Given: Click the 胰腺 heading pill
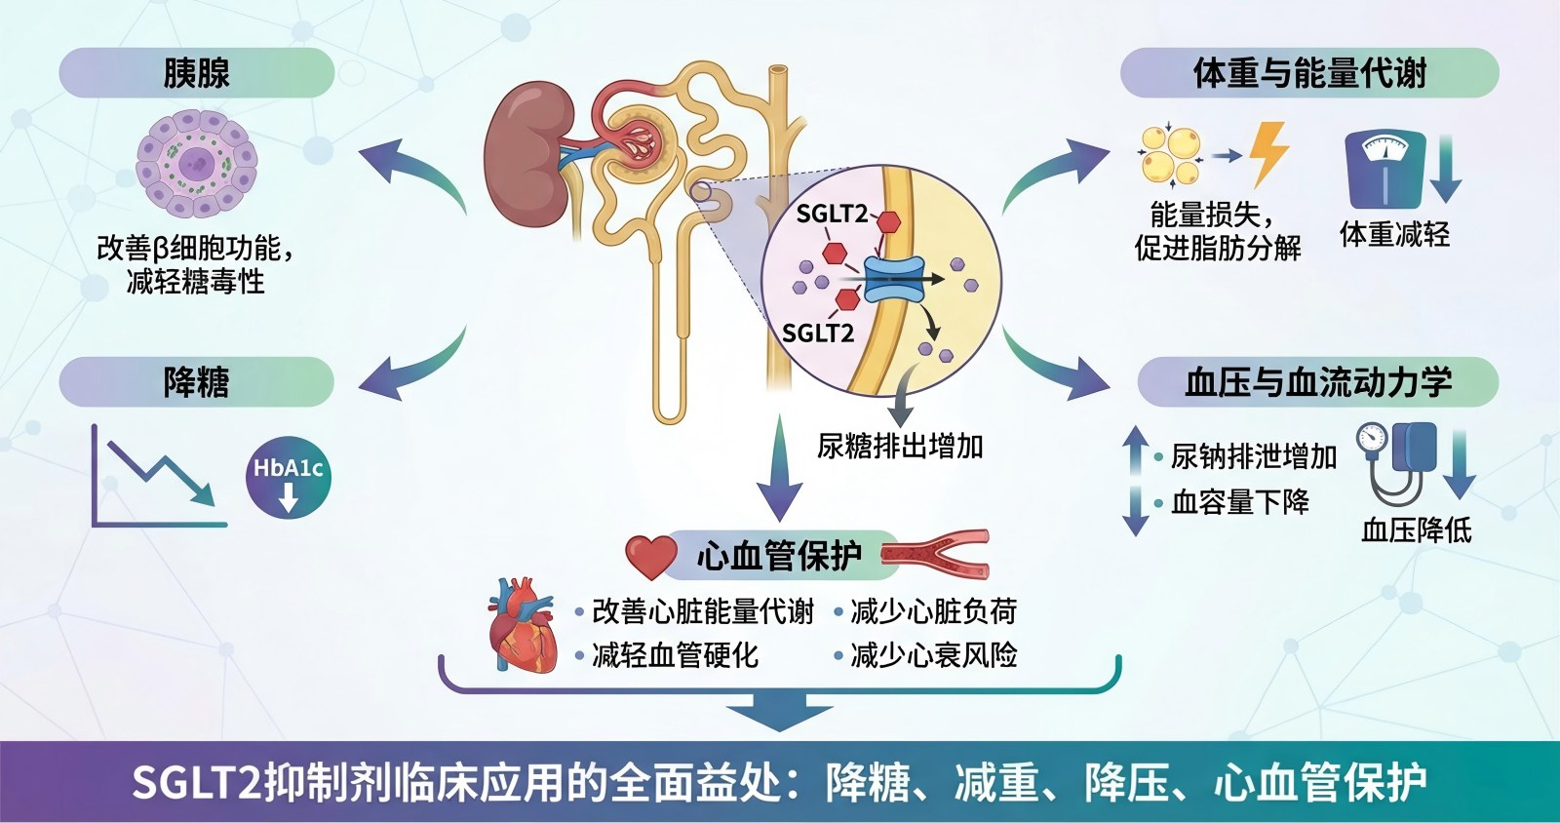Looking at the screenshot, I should [x=196, y=73].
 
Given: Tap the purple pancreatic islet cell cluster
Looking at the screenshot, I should [x=196, y=163].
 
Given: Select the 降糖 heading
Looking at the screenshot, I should [x=196, y=381].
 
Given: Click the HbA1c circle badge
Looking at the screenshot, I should [x=288, y=477].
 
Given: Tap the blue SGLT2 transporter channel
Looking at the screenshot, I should [x=894, y=280].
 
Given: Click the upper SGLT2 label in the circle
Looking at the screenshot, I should [x=831, y=214].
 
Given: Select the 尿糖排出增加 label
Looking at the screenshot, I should [x=900, y=447].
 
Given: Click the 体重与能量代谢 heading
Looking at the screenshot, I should [x=1308, y=73].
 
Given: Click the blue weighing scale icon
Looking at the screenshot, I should [x=1384, y=169].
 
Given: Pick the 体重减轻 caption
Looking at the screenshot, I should [x=1394, y=234].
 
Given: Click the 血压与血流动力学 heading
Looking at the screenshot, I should [x=1317, y=381].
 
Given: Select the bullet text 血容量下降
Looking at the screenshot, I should [x=1239, y=502].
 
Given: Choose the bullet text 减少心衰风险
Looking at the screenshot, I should [x=933, y=655].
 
